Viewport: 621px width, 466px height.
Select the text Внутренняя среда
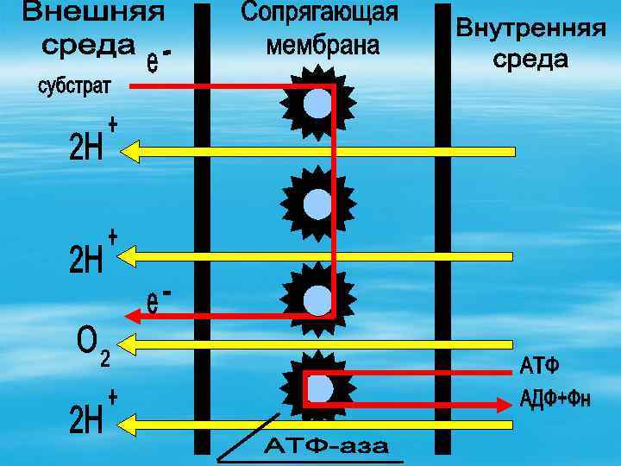530,43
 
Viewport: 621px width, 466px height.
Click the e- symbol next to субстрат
159,61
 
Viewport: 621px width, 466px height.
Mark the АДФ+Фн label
555,400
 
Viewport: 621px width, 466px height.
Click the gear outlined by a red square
318,390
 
